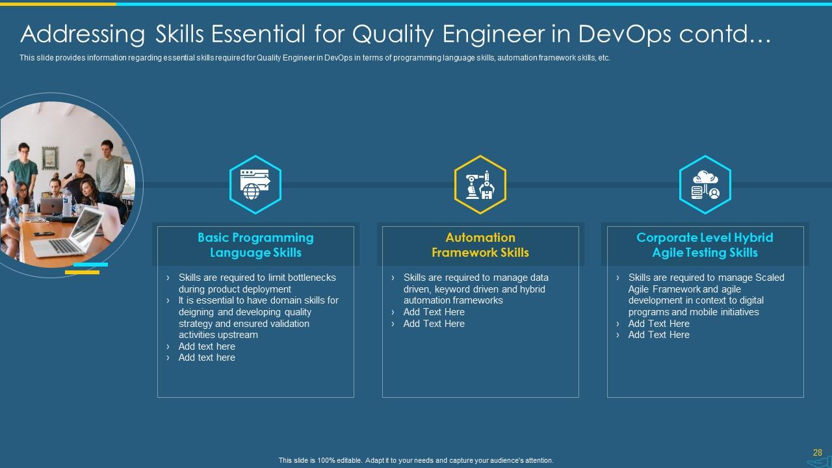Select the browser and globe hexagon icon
(255, 185)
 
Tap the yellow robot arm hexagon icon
(480, 185)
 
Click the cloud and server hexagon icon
(705, 185)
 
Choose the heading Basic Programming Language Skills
(255, 245)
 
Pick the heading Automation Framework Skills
(480, 245)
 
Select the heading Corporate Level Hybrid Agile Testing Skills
(705, 245)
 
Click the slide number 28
(817, 452)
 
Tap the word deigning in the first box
(197, 312)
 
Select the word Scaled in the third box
(769, 278)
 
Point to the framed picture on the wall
(50, 157)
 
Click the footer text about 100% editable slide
(416, 460)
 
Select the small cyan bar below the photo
(90, 265)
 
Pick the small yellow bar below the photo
(82, 272)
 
